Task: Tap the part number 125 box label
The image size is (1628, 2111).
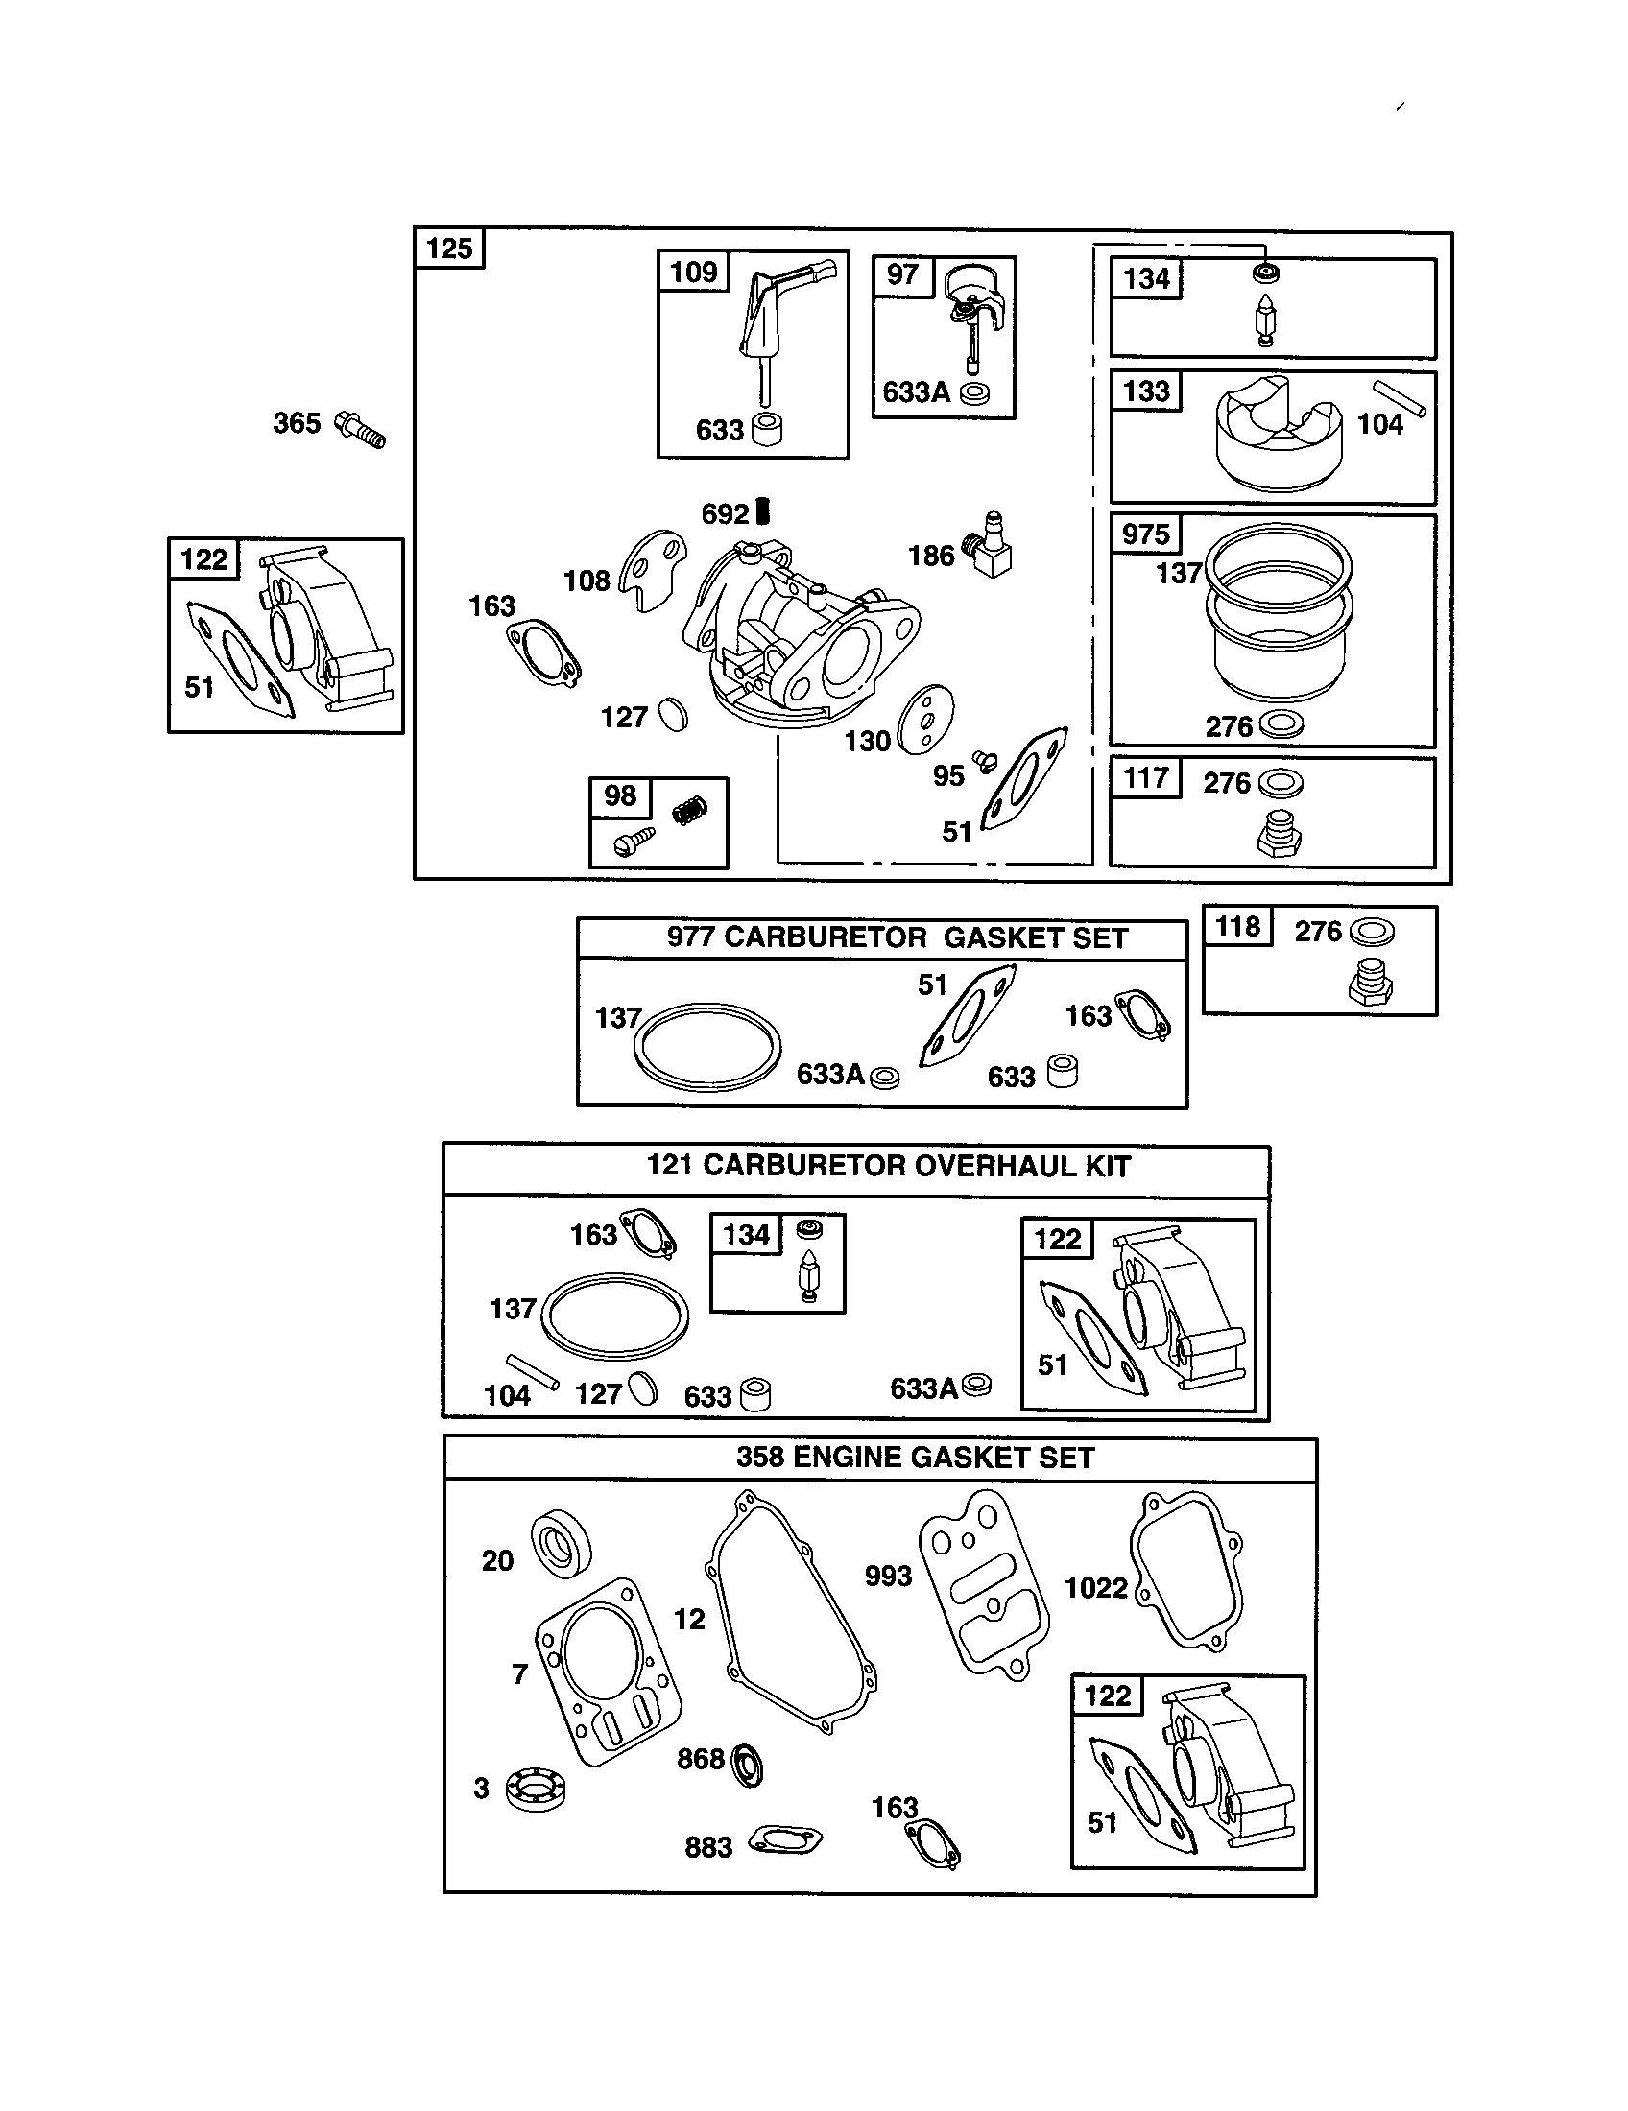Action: tap(449, 249)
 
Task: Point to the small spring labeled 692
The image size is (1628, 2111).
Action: tap(763, 510)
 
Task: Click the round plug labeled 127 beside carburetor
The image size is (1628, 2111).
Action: tap(673, 716)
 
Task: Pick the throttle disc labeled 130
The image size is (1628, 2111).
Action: tap(924, 719)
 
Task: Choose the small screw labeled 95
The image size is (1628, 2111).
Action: tap(984, 762)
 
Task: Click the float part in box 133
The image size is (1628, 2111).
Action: tap(1278, 435)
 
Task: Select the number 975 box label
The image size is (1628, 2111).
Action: tap(1145, 534)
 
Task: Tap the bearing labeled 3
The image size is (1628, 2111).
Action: tap(537, 1788)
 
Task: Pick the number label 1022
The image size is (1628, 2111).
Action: tap(1095, 1588)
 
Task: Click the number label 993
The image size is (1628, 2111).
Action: tap(888, 1577)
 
